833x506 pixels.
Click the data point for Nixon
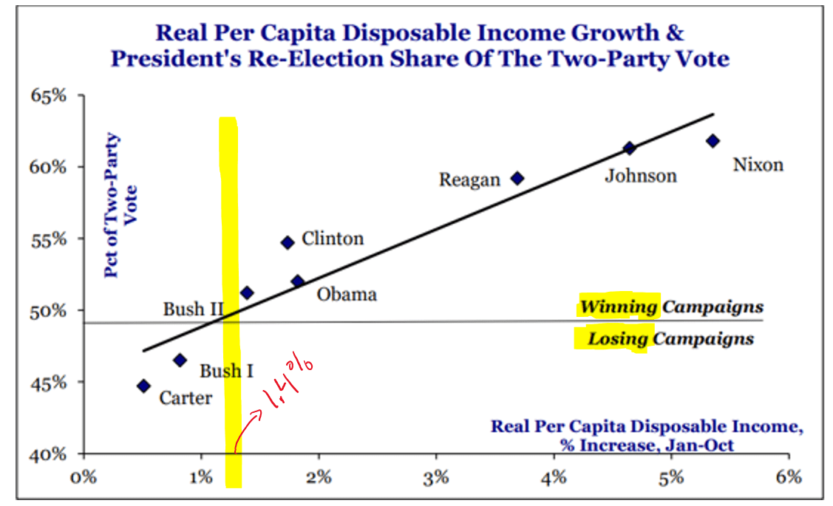(713, 140)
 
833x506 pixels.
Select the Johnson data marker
(630, 148)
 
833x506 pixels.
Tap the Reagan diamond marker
(517, 178)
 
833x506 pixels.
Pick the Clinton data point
(288, 242)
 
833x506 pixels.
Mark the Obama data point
(298, 281)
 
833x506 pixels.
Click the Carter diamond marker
(143, 386)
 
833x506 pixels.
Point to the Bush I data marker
(180, 360)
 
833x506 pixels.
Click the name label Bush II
(193, 309)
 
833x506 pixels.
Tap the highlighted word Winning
(619, 307)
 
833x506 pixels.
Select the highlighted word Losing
(617, 339)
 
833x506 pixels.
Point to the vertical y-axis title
(120, 205)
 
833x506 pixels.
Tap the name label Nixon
(758, 164)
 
